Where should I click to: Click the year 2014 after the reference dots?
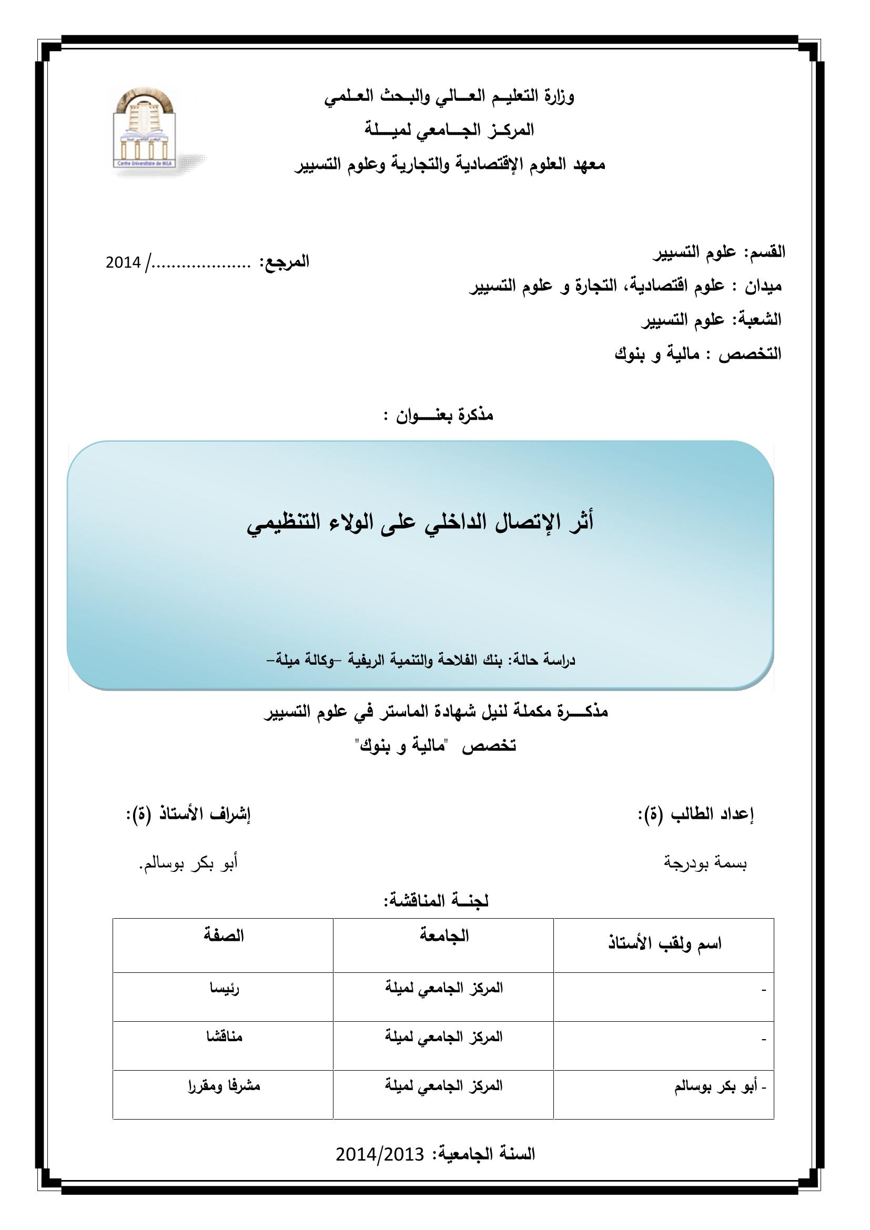tap(123, 262)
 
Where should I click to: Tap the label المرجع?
tap(284, 262)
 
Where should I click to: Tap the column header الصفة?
tap(224, 936)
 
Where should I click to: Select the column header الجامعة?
tap(443, 936)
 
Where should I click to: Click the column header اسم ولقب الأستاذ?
tap(664, 943)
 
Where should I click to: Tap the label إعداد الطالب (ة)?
tap(695, 814)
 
